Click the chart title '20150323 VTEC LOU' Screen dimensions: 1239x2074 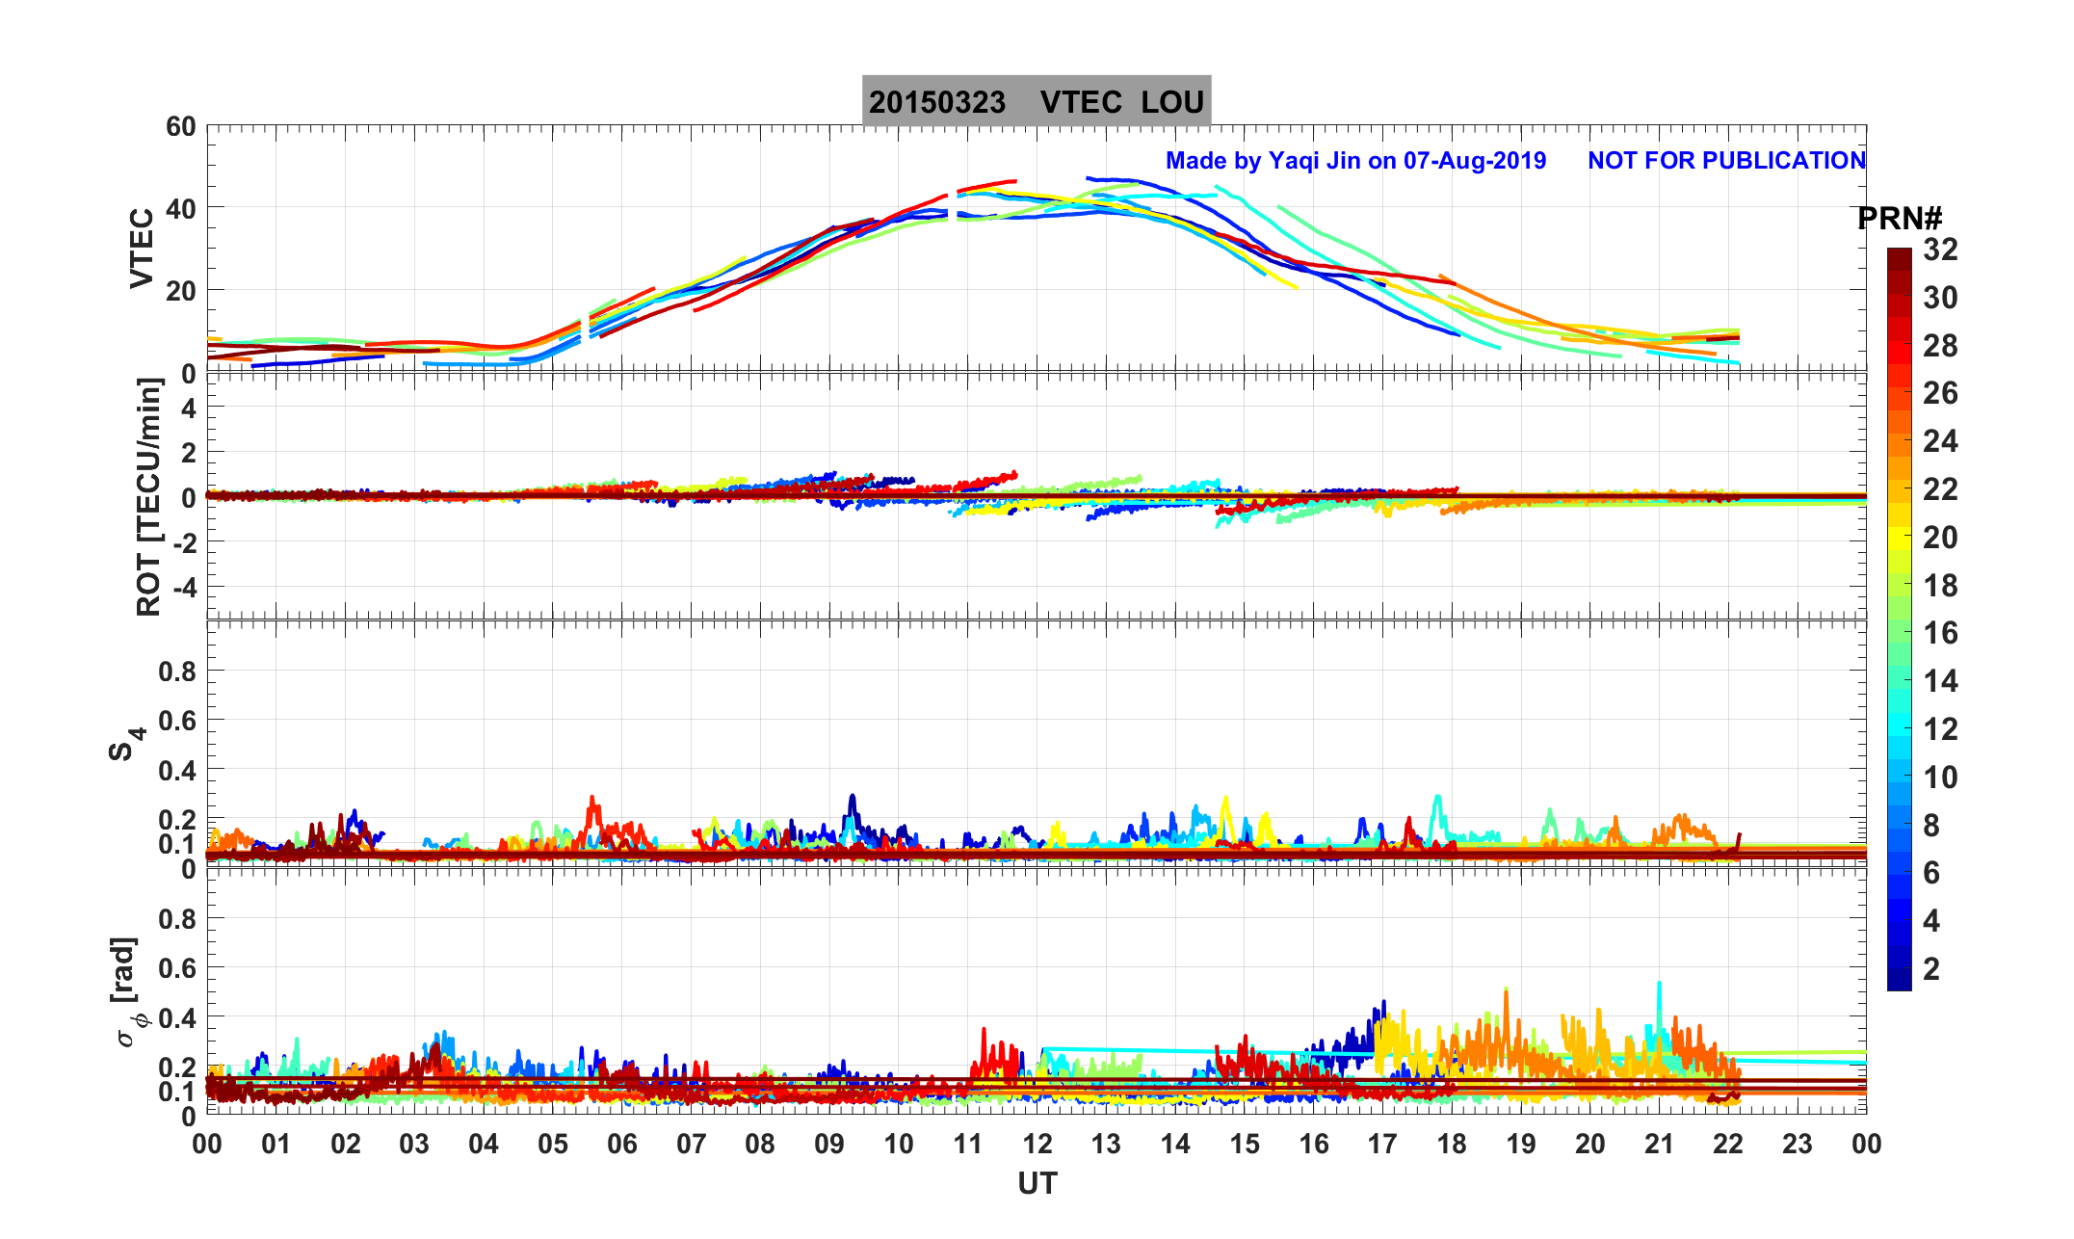1037,102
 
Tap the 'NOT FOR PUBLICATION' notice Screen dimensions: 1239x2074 1726,161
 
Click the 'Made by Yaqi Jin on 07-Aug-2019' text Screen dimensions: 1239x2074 1355,161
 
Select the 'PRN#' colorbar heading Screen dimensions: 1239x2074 1899,220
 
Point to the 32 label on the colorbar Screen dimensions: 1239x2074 1940,250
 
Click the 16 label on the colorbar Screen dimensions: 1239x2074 1940,633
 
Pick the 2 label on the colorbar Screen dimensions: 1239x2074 1931,969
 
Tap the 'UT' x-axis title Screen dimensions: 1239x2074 1037,1183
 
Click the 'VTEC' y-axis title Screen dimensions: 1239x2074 142,248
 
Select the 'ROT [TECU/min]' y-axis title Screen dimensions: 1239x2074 149,497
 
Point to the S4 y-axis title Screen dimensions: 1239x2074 125,744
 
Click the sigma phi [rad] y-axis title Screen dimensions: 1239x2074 127,992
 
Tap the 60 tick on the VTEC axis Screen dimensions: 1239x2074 180,127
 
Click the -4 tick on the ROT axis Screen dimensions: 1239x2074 180,587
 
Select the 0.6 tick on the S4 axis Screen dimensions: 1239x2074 177,720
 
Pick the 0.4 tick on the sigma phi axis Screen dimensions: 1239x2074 177,1017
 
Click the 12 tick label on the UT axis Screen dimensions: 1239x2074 1037,1145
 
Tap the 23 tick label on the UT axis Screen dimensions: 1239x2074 1798,1145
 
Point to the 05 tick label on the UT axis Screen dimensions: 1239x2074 553,1145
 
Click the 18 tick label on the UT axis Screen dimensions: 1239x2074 1452,1145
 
